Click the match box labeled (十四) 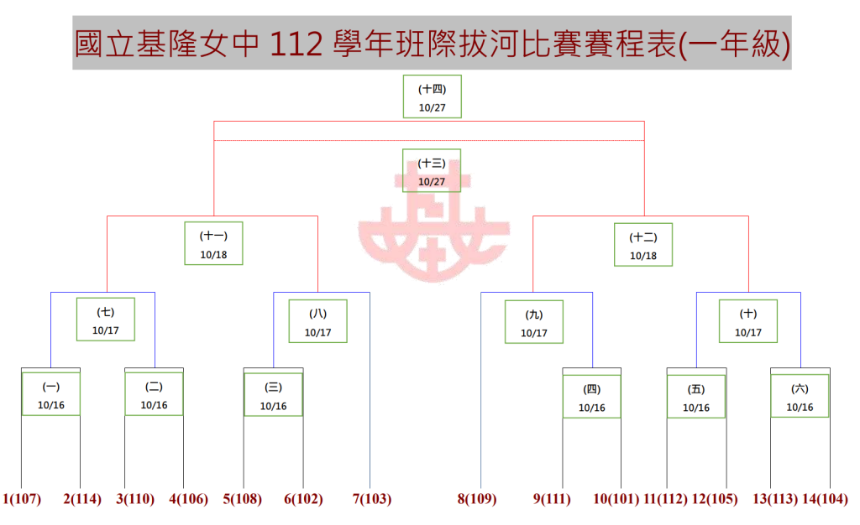click(x=433, y=96)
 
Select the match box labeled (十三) click(x=432, y=170)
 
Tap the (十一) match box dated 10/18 click(x=213, y=243)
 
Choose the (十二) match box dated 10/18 click(x=643, y=245)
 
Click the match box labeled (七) click(x=105, y=320)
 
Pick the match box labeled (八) click(x=318, y=321)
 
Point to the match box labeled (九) click(x=534, y=322)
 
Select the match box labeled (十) click(x=748, y=321)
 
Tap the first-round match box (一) click(x=51, y=394)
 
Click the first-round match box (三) click(x=273, y=395)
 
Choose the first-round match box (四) click(x=592, y=397)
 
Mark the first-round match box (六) click(x=800, y=396)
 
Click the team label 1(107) click(x=22, y=499)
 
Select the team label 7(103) click(x=372, y=499)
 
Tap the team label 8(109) click(x=477, y=499)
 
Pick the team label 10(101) click(x=616, y=499)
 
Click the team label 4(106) click(x=189, y=499)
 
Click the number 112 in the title click(x=296, y=44)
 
